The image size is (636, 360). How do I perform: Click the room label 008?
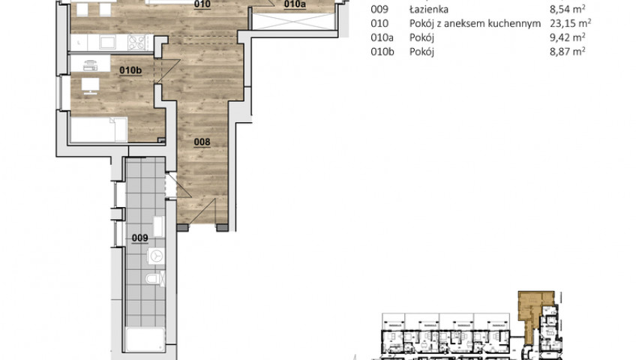pyautogui.click(x=202, y=142)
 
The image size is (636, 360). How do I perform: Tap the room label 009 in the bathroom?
pyautogui.click(x=140, y=238)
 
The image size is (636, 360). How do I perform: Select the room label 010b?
pyautogui.click(x=130, y=70)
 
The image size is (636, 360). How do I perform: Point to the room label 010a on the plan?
pyautogui.click(x=295, y=4)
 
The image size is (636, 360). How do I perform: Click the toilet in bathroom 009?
pyautogui.click(x=155, y=279)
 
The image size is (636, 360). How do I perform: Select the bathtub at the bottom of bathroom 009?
pyautogui.click(x=145, y=340)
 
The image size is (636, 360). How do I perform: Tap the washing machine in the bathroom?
pyautogui.click(x=156, y=256)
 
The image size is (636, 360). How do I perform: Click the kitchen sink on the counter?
pyautogui.click(x=108, y=42)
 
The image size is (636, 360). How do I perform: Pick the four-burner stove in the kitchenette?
pyautogui.click(x=136, y=43)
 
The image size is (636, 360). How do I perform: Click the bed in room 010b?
pyautogui.click(x=99, y=130)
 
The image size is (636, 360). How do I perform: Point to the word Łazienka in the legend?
pyautogui.click(x=429, y=9)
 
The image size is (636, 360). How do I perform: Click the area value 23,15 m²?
pyautogui.click(x=570, y=23)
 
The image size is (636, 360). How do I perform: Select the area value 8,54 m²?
pyautogui.click(x=568, y=9)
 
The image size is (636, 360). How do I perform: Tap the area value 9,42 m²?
pyautogui.click(x=568, y=37)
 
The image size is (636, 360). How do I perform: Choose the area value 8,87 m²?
pyautogui.click(x=568, y=52)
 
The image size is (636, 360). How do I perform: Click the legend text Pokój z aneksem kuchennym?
pyautogui.click(x=475, y=24)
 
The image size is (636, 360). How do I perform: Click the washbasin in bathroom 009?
pyautogui.click(x=158, y=226)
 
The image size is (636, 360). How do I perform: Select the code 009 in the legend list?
pyautogui.click(x=379, y=9)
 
